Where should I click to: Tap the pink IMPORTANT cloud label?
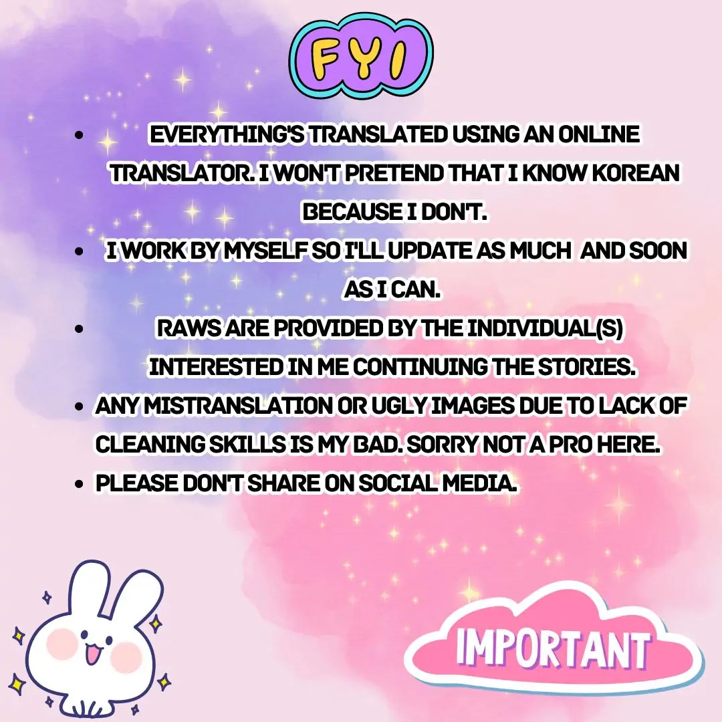[x=554, y=643]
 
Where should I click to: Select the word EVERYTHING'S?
[x=227, y=134]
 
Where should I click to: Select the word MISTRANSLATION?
[x=238, y=406]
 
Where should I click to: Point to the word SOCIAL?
[x=398, y=483]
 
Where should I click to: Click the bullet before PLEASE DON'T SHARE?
[x=80, y=484]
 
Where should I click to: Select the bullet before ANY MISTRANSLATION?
[x=80, y=406]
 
